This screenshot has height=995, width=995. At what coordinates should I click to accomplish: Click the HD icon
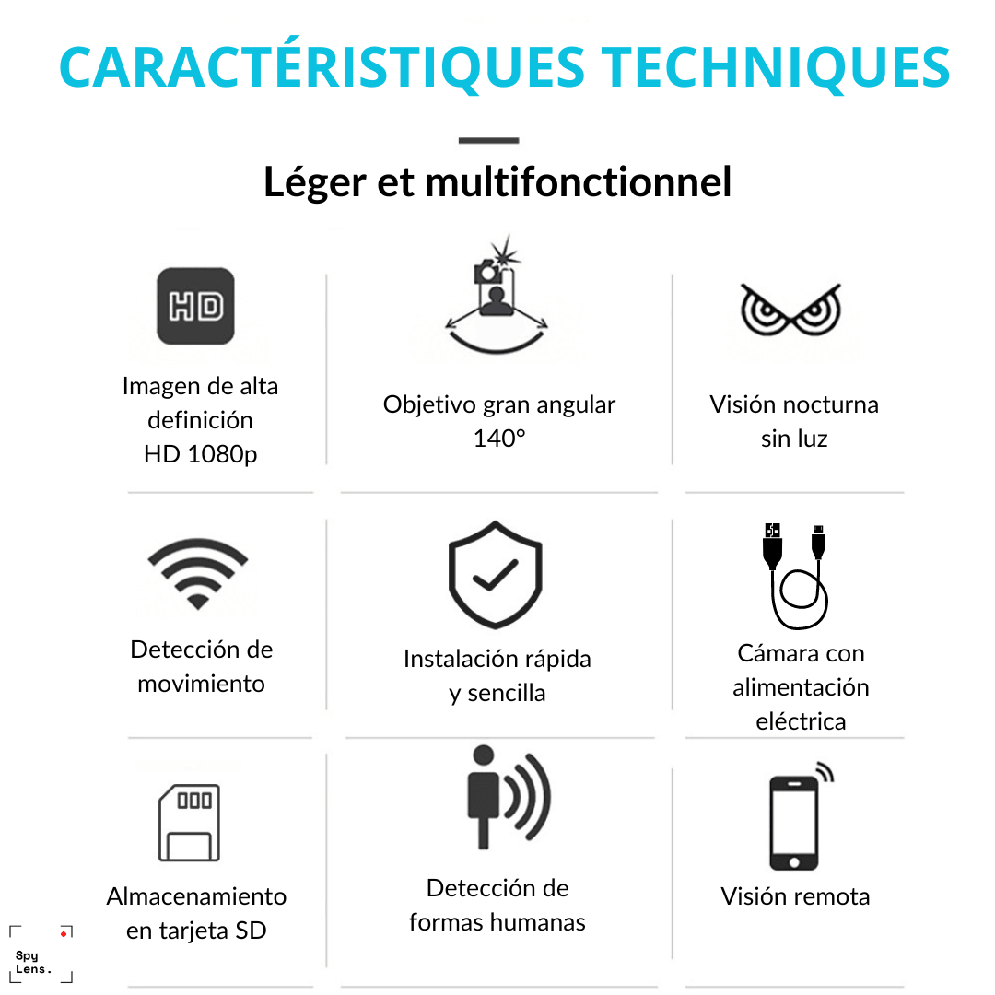(195, 306)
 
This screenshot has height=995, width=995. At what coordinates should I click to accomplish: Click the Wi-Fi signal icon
(198, 574)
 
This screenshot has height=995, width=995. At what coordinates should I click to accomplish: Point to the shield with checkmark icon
(496, 575)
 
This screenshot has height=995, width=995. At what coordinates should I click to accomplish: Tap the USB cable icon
(796, 576)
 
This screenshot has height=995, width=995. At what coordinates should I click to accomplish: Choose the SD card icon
(189, 823)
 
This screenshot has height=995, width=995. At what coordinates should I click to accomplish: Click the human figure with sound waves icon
(509, 797)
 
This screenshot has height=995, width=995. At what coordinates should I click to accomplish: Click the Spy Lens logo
(41, 954)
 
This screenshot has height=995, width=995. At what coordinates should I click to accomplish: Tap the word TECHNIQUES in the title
(775, 67)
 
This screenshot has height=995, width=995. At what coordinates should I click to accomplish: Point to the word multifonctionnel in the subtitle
(578, 181)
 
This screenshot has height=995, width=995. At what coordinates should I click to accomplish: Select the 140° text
(499, 439)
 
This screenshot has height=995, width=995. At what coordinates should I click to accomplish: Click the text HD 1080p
(201, 454)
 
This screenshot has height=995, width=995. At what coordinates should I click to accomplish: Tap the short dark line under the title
(488, 140)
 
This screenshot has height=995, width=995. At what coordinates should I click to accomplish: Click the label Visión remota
(795, 896)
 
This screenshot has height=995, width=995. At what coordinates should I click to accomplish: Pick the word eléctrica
(801, 721)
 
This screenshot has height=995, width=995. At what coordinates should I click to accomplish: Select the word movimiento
(201, 684)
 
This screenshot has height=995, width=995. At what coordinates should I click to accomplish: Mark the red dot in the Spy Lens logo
(64, 933)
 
